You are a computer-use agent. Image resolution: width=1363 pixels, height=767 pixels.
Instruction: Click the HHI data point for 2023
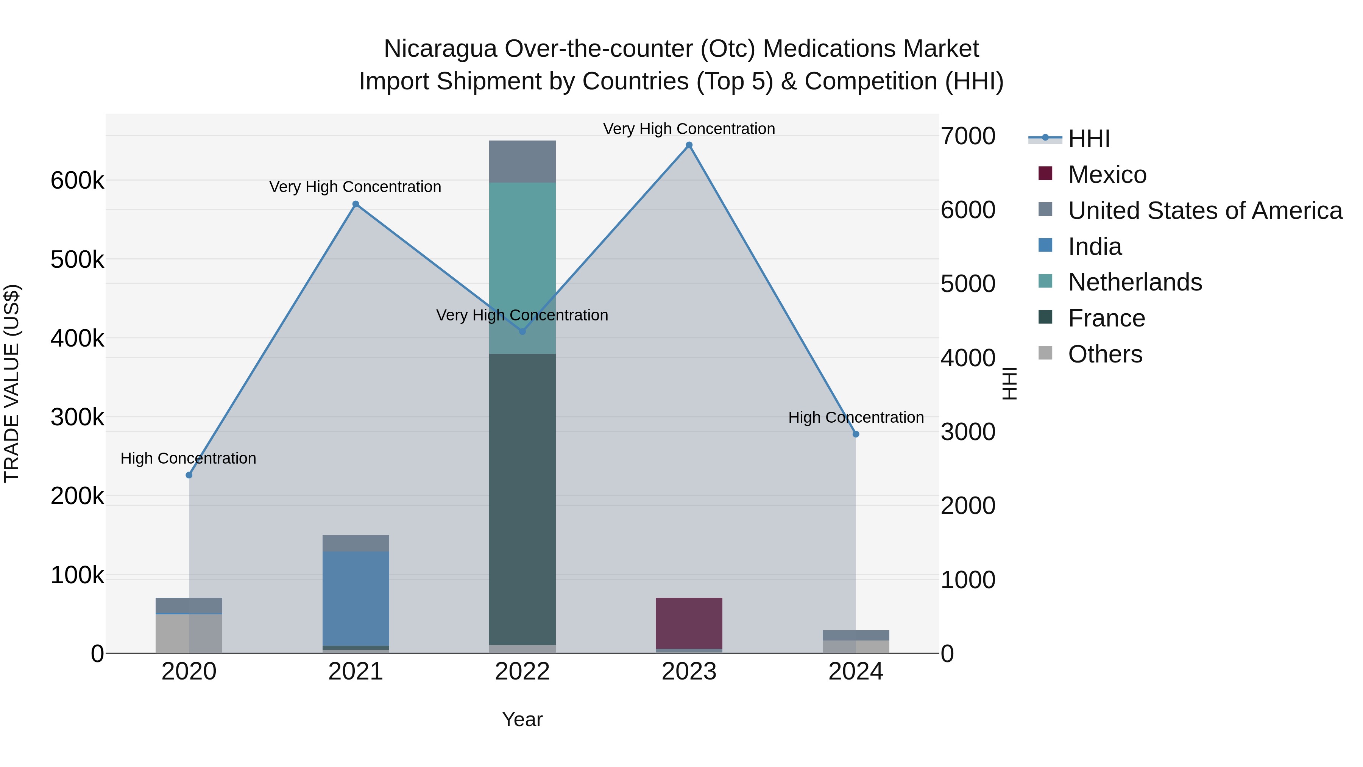click(689, 145)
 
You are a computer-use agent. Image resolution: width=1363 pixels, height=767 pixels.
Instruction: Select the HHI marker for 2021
click(356, 204)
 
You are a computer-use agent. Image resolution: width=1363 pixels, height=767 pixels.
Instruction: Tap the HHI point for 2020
click(189, 475)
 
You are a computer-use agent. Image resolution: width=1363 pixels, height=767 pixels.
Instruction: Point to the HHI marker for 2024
click(856, 434)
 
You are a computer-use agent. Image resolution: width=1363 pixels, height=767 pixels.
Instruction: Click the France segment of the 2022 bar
click(522, 498)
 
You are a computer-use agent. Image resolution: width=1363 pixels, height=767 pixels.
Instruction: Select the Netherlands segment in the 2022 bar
click(522, 254)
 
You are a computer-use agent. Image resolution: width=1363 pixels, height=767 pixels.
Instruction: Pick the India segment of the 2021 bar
click(356, 598)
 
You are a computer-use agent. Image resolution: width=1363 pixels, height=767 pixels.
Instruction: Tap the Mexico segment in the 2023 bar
click(689, 623)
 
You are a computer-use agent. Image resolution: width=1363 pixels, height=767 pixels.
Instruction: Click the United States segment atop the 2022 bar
click(522, 161)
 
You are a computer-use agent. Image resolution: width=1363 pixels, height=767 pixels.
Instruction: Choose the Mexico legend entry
click(1107, 175)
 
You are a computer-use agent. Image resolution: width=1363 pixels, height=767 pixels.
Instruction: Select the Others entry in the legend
click(1105, 354)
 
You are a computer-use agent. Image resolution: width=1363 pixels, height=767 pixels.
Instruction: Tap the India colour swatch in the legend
click(1045, 245)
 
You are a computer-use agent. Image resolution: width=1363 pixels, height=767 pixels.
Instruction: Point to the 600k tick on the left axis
click(77, 181)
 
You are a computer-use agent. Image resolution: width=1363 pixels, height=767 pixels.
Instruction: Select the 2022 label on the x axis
click(522, 672)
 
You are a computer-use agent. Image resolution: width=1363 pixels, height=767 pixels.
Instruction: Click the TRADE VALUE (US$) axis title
click(12, 383)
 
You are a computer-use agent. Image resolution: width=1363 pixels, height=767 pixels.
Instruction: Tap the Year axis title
click(522, 719)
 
